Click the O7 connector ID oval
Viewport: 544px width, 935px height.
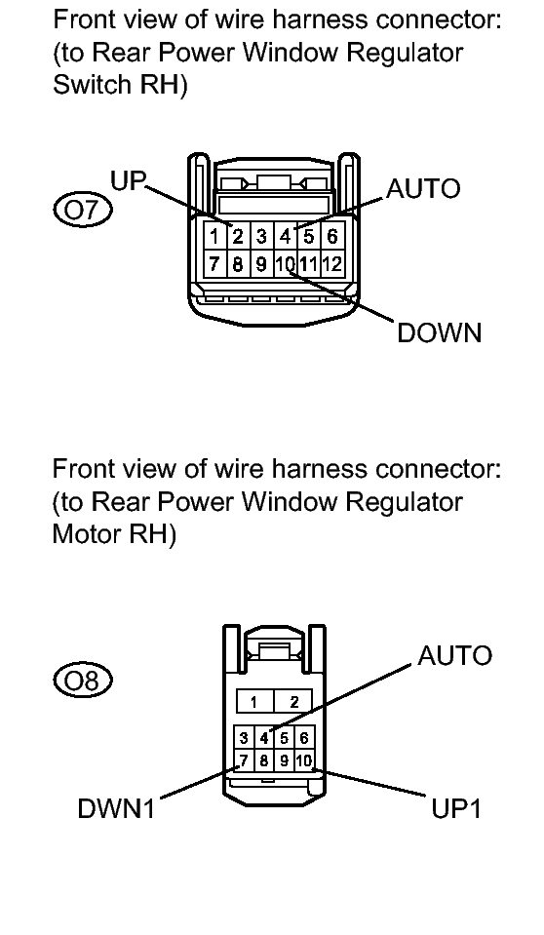[x=83, y=210]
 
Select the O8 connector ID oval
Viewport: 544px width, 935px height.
[x=83, y=680]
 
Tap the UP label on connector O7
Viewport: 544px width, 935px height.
[x=129, y=180]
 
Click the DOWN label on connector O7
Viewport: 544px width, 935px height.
[x=439, y=332]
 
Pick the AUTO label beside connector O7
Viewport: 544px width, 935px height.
[x=423, y=188]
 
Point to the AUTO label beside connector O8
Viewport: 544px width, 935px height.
[x=454, y=655]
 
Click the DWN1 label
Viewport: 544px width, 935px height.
[x=116, y=809]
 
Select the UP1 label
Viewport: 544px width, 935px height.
[x=456, y=809]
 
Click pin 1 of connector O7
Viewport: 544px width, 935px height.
[x=214, y=237]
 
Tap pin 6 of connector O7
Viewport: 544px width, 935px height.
[x=332, y=237]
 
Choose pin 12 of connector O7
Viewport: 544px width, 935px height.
[x=332, y=263]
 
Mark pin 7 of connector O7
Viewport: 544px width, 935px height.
[x=214, y=263]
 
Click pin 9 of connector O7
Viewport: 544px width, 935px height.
[x=261, y=263]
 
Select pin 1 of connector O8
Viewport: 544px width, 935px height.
[x=254, y=702]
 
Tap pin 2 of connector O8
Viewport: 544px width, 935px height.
[x=293, y=702]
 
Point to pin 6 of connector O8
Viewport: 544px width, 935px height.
[x=303, y=738]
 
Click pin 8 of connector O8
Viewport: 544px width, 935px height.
[x=264, y=760]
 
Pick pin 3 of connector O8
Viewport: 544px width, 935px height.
[x=244, y=738]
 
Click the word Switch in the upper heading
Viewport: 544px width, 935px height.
[x=90, y=84]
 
